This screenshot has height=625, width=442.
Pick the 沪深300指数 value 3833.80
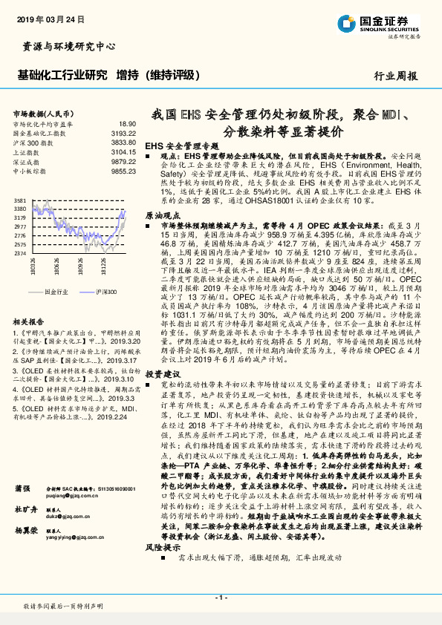[x=124, y=142]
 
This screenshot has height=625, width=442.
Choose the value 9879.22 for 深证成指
[x=124, y=160]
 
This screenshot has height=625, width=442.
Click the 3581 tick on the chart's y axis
[x=20, y=200]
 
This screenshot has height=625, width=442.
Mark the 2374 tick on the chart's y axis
[x=20, y=253]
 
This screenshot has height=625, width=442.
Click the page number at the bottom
[x=221, y=597]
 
